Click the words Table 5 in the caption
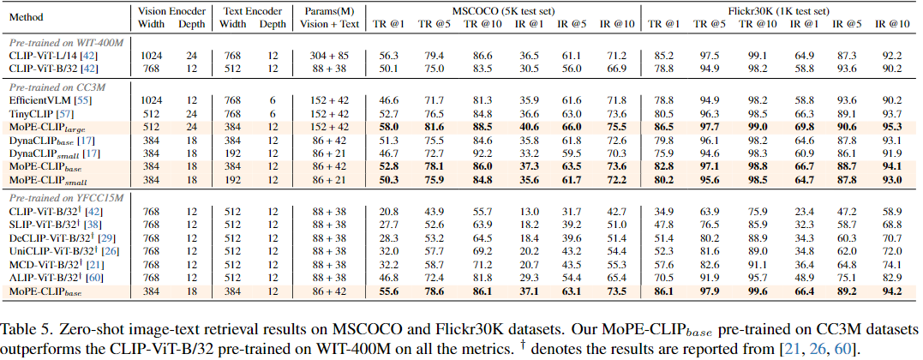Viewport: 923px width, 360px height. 23,328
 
